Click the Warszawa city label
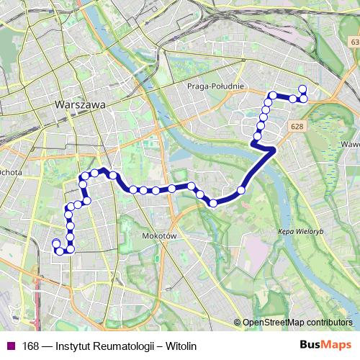80,104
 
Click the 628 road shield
297,126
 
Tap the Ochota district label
11,172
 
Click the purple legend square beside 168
10,345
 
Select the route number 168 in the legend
30,345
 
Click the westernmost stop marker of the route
55,243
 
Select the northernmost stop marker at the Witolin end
302,89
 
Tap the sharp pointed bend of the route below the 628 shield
274,150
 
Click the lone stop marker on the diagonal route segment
241,190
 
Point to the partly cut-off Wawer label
351,144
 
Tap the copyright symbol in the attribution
238,323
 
